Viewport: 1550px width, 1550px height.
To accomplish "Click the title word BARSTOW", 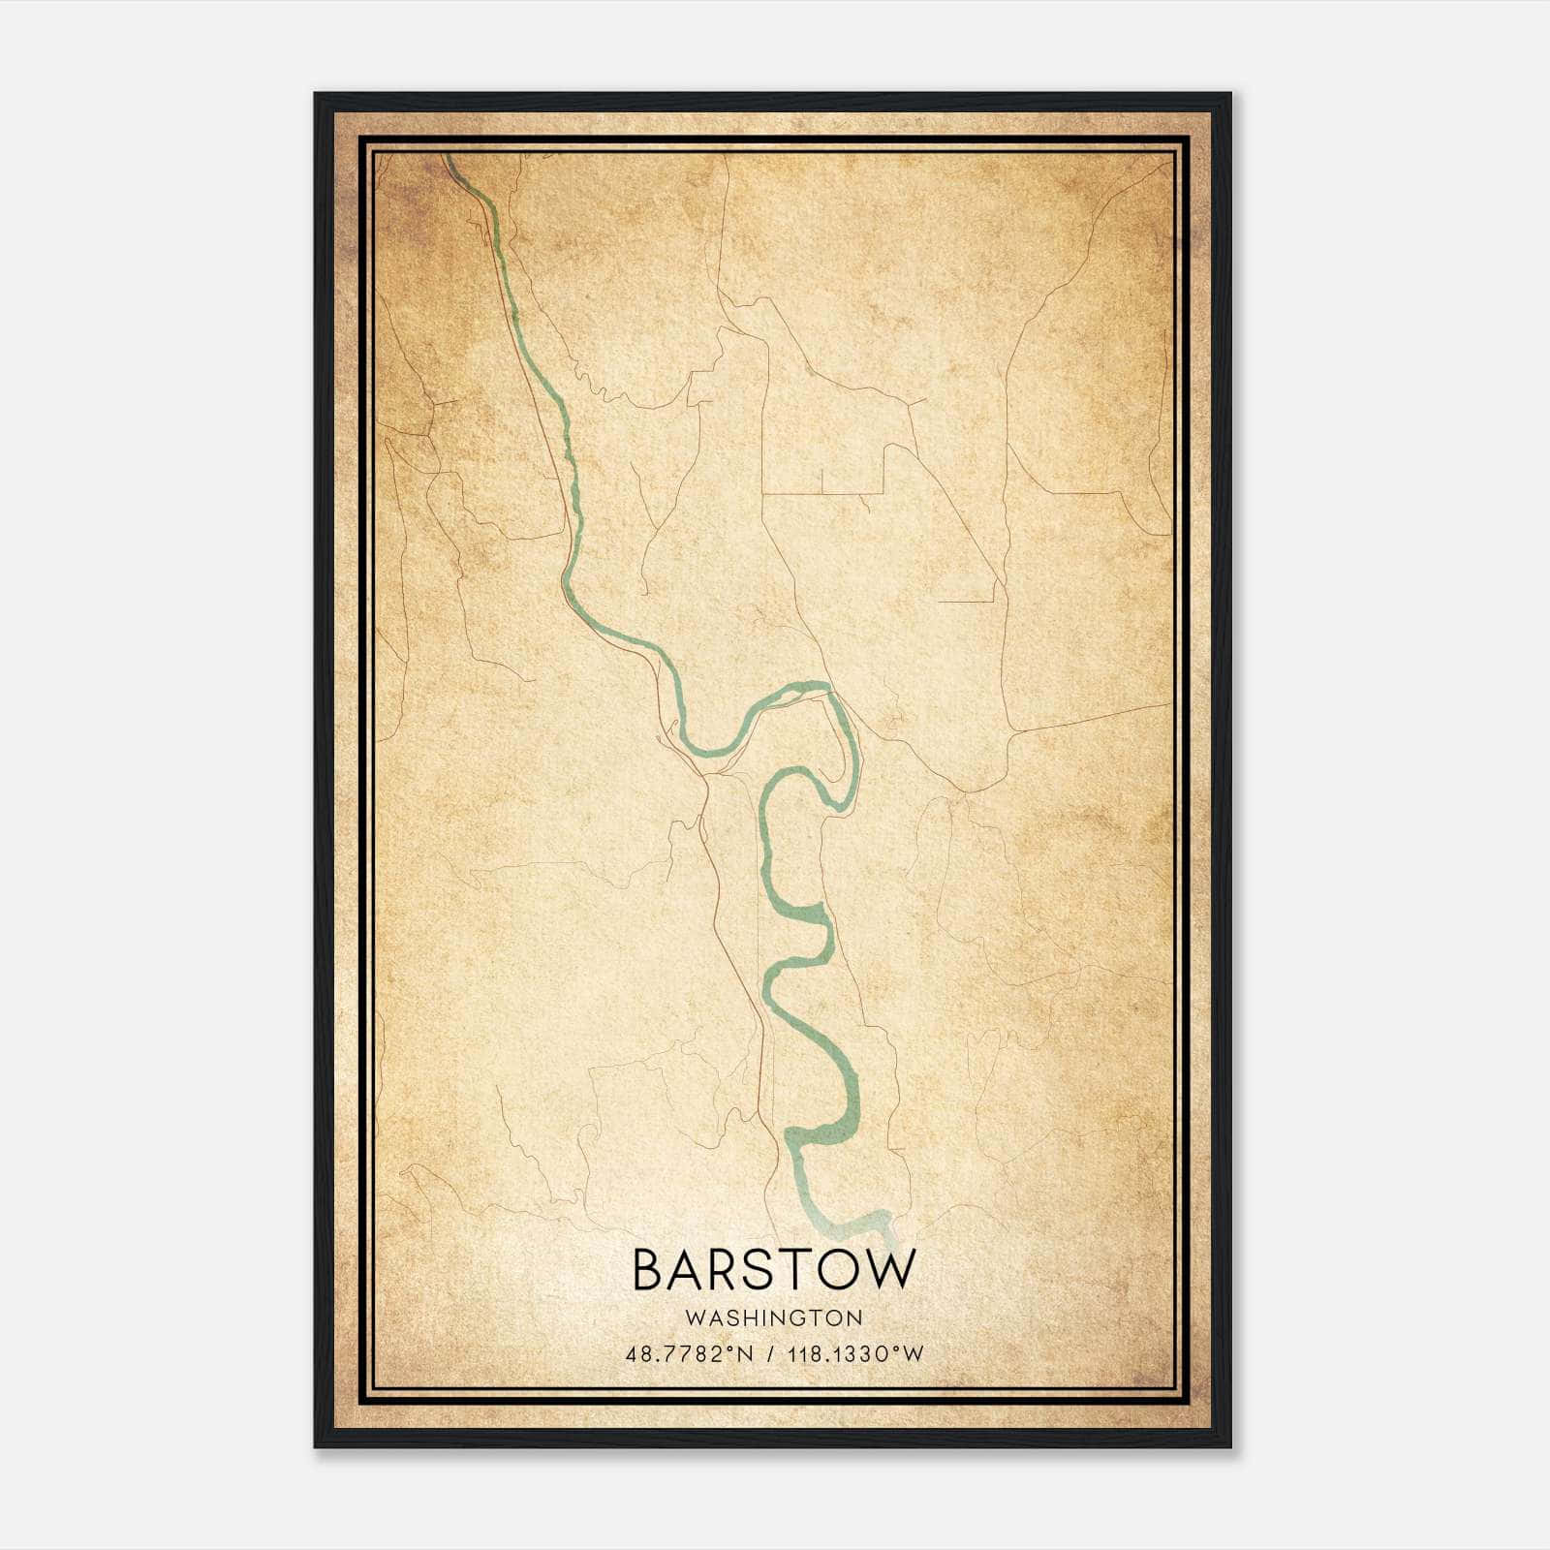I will click(773, 1270).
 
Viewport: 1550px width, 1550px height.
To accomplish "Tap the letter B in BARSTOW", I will click(650, 1270).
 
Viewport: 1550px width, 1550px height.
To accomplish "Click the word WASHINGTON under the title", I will click(773, 1317).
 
